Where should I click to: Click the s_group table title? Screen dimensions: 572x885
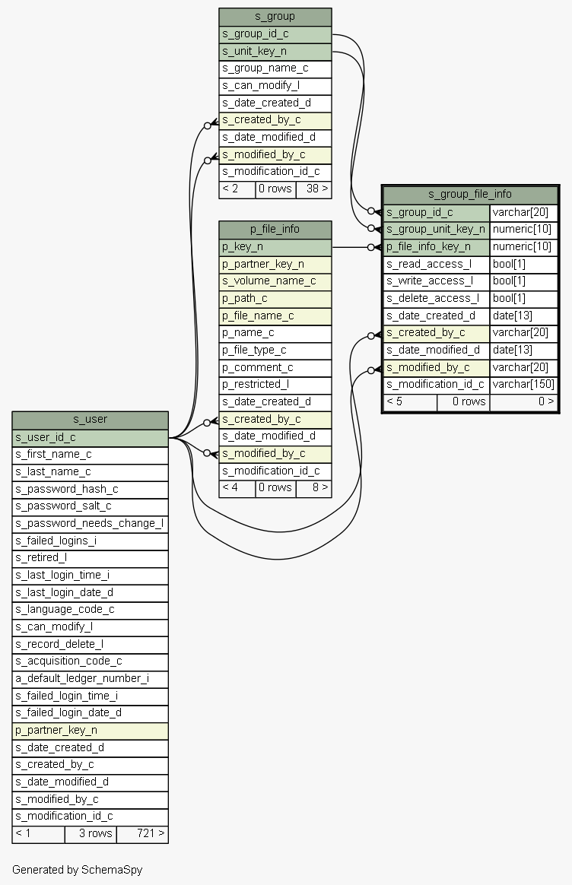coord(275,17)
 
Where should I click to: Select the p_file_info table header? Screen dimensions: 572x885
coord(275,229)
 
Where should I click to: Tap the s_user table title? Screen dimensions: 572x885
coord(91,420)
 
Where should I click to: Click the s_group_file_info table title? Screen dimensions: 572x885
coord(470,194)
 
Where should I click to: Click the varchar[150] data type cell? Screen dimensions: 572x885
coord(523,385)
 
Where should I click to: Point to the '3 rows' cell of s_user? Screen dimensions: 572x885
coord(91,834)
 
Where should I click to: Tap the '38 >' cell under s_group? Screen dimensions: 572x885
coord(314,189)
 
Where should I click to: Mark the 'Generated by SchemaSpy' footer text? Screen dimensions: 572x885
coord(78,870)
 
